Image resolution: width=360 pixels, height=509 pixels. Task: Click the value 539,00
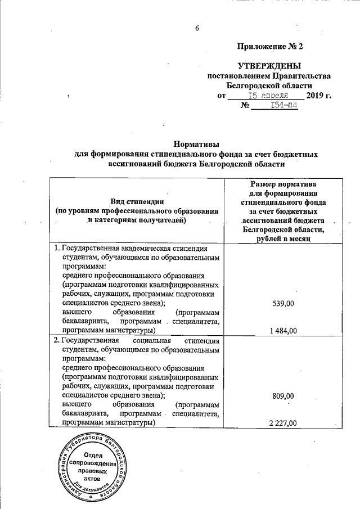[x=282, y=303]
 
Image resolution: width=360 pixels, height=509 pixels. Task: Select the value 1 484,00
[x=282, y=330]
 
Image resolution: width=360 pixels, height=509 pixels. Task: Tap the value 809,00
[x=282, y=395]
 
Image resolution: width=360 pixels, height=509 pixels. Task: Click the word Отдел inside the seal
[x=93, y=455]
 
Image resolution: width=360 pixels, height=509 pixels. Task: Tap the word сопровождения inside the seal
[x=93, y=464]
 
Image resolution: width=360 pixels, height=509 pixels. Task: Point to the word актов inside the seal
[x=93, y=481]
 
